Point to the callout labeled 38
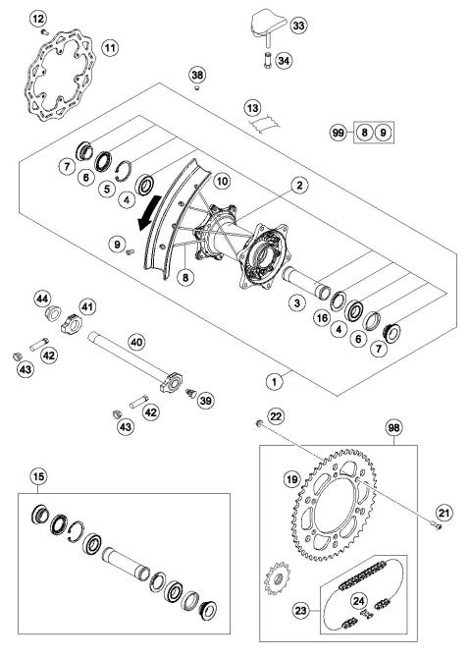pyautogui.click(x=197, y=74)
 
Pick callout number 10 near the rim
pyautogui.click(x=222, y=182)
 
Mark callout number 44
pyautogui.click(x=43, y=298)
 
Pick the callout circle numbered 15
pyautogui.click(x=36, y=479)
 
